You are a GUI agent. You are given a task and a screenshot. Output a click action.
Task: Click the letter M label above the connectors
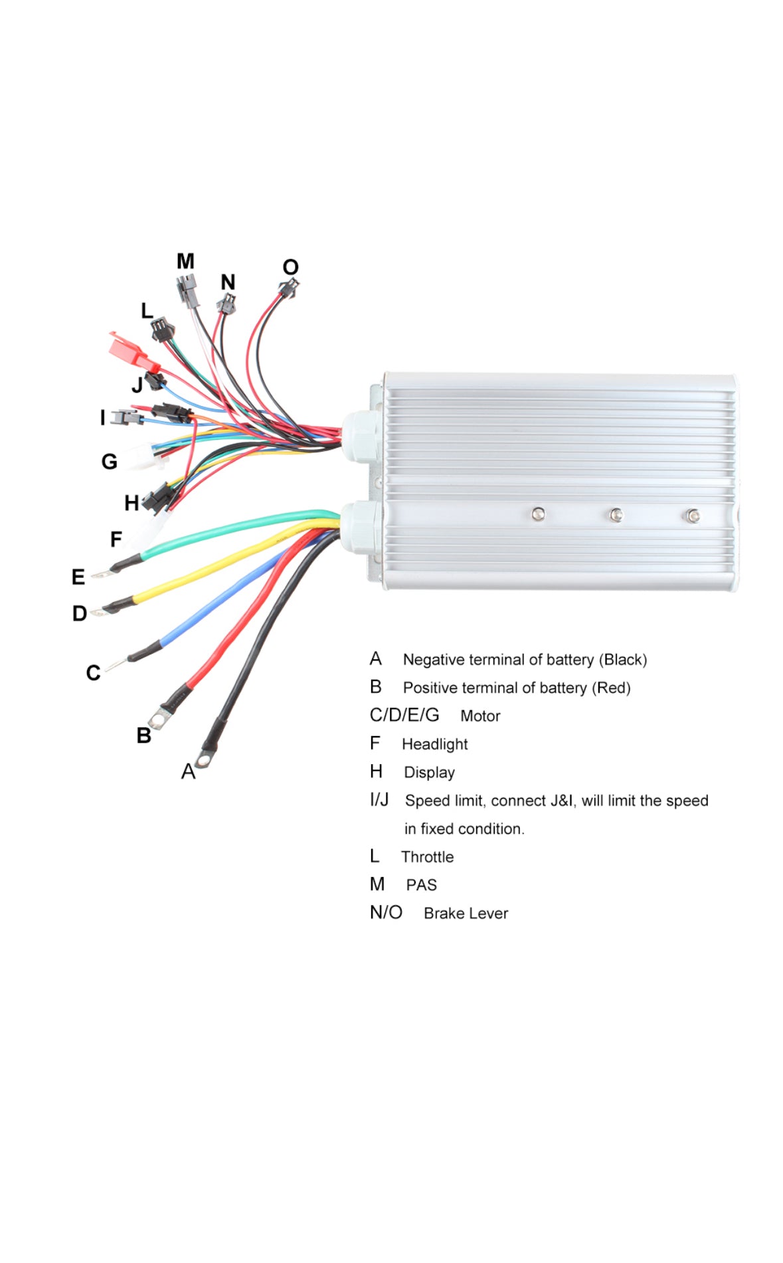pyautogui.click(x=185, y=261)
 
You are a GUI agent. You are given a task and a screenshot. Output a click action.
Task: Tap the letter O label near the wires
pyautogui.click(x=290, y=267)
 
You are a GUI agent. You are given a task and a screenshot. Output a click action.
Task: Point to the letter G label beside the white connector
pyautogui.click(x=110, y=461)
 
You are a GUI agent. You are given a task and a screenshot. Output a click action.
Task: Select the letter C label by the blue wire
pyautogui.click(x=94, y=673)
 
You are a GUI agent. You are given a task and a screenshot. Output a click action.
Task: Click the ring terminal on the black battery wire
pyautogui.click(x=204, y=757)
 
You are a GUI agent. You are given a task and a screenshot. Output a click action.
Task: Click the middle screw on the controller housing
pyautogui.click(x=616, y=515)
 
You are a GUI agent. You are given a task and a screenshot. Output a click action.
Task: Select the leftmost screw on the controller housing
pyautogui.click(x=538, y=514)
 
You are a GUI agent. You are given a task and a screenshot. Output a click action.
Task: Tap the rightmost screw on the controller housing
pyautogui.click(x=693, y=516)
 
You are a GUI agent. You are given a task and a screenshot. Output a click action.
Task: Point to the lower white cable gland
pyautogui.click(x=359, y=528)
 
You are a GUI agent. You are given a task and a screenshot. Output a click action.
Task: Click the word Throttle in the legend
pyautogui.click(x=427, y=857)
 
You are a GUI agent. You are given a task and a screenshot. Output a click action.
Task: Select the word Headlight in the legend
pyautogui.click(x=434, y=744)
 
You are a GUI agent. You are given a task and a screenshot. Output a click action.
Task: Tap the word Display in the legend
pyautogui.click(x=429, y=773)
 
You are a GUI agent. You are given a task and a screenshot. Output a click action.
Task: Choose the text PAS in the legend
pyautogui.click(x=421, y=885)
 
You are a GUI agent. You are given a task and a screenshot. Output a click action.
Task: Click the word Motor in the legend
pyautogui.click(x=480, y=716)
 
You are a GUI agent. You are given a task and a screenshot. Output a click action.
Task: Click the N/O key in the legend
pyautogui.click(x=386, y=913)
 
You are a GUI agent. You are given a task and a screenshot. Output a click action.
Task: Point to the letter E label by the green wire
pyautogui.click(x=78, y=577)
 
